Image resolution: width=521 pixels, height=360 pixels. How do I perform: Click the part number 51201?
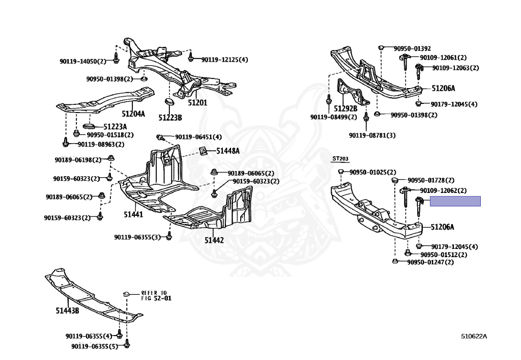(198, 102)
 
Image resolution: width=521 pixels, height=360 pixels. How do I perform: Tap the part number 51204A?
(133, 114)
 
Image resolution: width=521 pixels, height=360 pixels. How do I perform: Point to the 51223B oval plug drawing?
(168, 105)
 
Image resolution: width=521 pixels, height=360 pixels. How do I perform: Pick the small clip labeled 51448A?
(202, 150)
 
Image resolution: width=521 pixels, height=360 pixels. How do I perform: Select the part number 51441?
(133, 215)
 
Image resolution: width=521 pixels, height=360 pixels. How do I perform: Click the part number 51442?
(214, 239)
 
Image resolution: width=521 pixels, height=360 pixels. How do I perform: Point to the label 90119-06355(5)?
(95, 346)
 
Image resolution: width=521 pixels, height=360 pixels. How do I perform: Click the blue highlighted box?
(455, 202)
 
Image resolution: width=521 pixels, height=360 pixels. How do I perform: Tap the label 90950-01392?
(412, 48)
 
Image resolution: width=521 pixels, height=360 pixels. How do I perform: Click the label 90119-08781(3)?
(372, 135)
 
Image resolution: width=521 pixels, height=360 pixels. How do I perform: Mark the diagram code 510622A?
(474, 336)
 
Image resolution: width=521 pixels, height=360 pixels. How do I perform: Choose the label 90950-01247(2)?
(430, 262)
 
